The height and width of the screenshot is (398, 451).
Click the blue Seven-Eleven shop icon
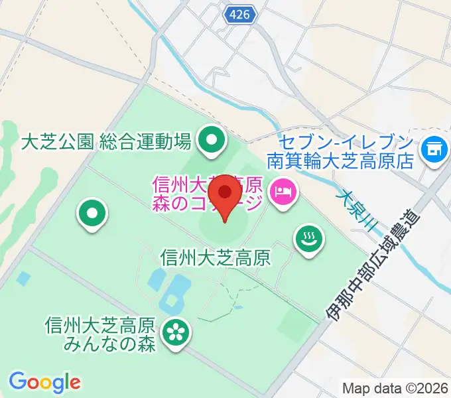pos(435,147)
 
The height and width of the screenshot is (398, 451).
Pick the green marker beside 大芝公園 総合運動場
pos(212,140)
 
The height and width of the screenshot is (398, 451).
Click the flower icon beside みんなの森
pos(176,331)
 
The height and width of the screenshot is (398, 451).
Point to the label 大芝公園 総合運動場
pos(106,141)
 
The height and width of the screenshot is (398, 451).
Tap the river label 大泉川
pos(356,211)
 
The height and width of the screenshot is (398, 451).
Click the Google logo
pos(44,382)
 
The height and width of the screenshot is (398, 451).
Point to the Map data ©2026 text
pos(394,387)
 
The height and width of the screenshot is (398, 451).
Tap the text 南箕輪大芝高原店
pos(341,161)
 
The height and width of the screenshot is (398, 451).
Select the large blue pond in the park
pos(174,293)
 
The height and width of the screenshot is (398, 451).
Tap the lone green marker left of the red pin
pos(93,214)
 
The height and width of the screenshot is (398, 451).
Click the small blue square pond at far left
pos(23,279)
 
